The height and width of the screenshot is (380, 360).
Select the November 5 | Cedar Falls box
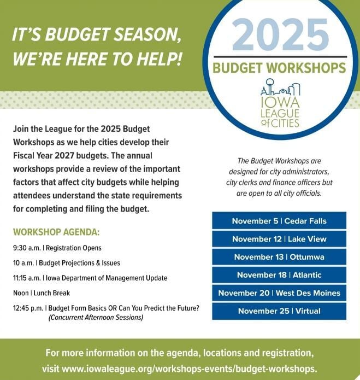point(279,221)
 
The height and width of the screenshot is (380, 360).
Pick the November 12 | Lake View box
point(279,239)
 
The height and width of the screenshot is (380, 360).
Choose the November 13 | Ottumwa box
point(279,257)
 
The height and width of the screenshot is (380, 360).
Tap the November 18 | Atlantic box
point(279,275)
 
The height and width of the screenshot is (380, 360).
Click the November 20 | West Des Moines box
point(279,293)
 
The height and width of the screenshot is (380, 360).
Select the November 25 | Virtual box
point(279,311)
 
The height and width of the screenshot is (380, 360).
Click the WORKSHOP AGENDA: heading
point(56,232)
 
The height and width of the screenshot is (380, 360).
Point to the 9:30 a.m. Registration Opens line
point(57,248)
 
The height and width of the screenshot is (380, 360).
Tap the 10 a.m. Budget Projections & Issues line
point(67,263)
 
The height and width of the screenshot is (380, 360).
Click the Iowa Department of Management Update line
point(90,278)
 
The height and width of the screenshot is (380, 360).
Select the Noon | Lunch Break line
point(42,293)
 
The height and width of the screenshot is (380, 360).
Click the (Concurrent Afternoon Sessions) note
point(96,317)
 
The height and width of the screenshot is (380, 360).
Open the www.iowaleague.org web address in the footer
point(189,368)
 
